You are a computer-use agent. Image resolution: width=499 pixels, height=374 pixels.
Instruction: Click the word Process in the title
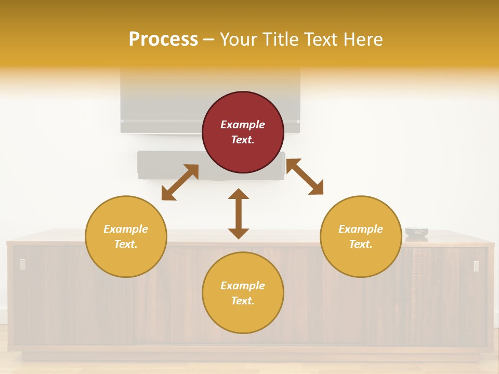pos(163,39)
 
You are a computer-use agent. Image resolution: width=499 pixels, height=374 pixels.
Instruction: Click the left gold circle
pos(126,236)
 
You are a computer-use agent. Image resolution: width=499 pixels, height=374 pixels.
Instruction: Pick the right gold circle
pos(361,236)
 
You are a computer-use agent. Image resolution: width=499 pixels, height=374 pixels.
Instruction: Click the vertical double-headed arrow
pos(239,214)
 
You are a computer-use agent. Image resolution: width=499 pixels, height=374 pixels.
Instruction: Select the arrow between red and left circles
pos(180,182)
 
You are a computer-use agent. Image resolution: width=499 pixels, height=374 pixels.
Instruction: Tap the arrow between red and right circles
pos(305,177)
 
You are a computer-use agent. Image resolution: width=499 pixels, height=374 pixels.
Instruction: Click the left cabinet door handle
pos(22,264)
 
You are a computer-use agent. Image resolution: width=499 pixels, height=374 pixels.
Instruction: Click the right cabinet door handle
pos(476,266)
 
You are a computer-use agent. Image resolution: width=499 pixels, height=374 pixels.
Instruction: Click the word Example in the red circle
pos(243,125)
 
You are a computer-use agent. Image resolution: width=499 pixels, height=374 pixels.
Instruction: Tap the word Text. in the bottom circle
pos(243,301)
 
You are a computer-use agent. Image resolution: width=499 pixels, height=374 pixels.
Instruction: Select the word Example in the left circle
pos(126,229)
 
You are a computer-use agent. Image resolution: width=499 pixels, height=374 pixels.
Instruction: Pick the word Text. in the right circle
pos(361,244)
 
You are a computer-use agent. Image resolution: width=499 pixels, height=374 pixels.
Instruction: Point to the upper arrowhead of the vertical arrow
pos(239,194)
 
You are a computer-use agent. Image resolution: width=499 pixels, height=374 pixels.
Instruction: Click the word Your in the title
pos(240,39)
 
